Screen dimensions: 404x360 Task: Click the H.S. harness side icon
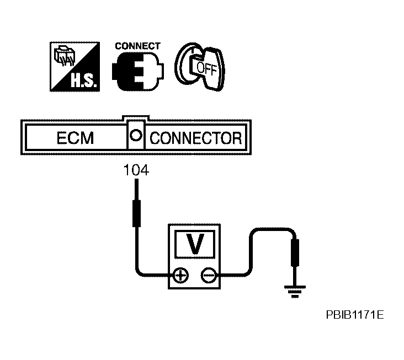[75, 67]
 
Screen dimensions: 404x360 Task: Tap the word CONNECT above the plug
[137, 46]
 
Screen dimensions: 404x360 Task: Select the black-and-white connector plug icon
[137, 71]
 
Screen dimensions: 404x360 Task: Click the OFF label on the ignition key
[206, 68]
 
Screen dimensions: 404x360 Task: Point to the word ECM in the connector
[75, 138]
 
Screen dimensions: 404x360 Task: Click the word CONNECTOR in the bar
[196, 138]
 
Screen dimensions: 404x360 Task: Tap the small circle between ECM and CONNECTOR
[136, 135]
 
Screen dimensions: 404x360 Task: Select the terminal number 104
[136, 170]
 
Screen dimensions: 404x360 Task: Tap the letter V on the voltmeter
[194, 244]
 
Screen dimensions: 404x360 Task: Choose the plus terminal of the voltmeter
[180, 276]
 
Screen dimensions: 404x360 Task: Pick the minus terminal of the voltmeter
[208, 276]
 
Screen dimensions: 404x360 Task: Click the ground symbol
[295, 292]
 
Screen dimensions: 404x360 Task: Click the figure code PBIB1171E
[355, 314]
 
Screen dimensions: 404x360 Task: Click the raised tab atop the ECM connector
[136, 118]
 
